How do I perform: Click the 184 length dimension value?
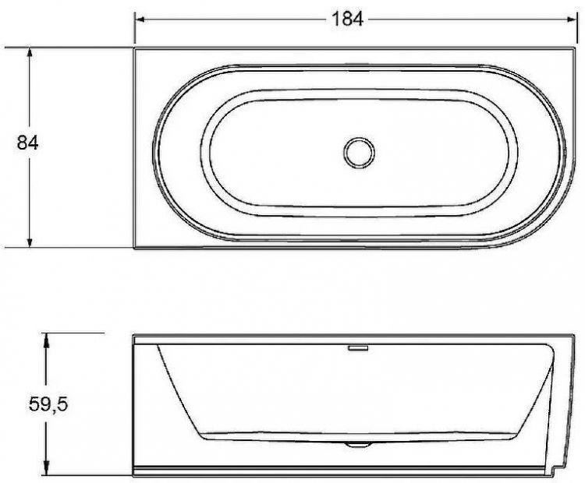347,19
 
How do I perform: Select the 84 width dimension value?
28,143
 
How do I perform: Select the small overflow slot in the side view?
358,347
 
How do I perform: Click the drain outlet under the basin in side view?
358,444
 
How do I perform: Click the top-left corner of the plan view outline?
135,48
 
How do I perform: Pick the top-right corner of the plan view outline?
573,48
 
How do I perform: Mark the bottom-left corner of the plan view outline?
135,249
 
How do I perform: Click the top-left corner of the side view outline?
133,336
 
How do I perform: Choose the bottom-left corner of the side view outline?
133,476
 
